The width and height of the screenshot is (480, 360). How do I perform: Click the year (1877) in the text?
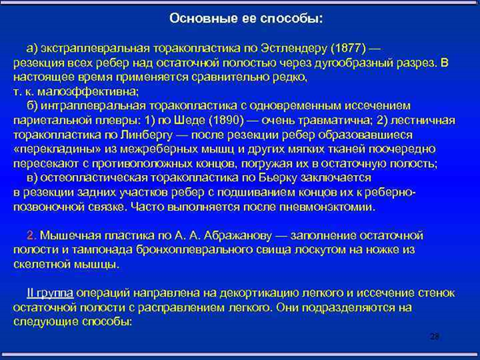(x=349, y=49)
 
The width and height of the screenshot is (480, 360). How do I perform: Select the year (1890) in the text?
(x=226, y=120)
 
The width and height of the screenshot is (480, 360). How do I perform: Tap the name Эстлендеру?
(x=294, y=49)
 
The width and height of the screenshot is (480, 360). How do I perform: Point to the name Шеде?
(x=190, y=120)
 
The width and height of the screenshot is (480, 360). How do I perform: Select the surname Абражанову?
(x=238, y=236)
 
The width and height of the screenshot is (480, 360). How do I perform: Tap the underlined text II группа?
(x=50, y=294)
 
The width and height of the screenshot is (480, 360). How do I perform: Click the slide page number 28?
(x=435, y=336)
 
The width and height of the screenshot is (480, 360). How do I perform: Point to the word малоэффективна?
(x=88, y=92)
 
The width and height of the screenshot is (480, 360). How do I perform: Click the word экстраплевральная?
(x=95, y=49)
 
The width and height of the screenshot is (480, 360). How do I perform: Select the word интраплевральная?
(x=93, y=106)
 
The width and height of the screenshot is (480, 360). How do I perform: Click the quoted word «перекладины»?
(x=58, y=149)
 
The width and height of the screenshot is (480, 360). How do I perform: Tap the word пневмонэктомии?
(x=328, y=207)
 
